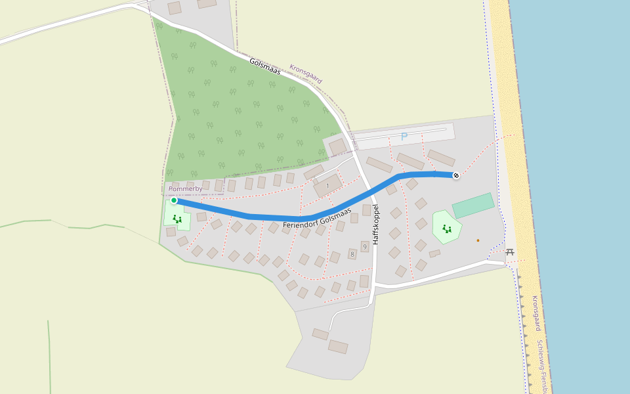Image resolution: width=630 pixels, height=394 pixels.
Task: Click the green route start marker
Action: [x=174, y=200]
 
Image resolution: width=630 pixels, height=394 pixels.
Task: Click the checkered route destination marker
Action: [x=456, y=175]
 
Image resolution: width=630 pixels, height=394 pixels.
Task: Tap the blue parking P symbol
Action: [x=404, y=137]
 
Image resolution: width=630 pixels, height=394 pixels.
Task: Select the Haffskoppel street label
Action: [x=377, y=225]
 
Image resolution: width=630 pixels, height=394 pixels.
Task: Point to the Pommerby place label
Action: [x=186, y=189]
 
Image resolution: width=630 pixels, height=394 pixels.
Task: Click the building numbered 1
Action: [x=327, y=186]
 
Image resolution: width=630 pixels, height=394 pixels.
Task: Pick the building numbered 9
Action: [x=364, y=247]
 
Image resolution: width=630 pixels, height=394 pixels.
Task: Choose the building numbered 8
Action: [x=352, y=253]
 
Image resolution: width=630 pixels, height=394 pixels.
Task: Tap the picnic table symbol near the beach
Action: [x=510, y=252]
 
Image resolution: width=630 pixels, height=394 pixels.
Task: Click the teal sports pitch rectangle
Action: [x=473, y=205]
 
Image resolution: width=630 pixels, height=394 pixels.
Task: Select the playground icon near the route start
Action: [x=177, y=219]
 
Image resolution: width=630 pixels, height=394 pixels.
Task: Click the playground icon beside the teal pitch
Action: [x=447, y=229]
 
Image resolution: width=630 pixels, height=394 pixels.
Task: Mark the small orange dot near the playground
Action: [x=478, y=240]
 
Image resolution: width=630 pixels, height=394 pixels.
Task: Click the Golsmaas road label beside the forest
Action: [x=265, y=66]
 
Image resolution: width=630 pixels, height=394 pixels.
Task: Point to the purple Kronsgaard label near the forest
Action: [x=306, y=73]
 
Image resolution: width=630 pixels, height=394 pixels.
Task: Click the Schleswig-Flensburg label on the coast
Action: [x=542, y=364]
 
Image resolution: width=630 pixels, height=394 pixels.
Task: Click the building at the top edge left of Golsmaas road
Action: [x=175, y=8]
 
